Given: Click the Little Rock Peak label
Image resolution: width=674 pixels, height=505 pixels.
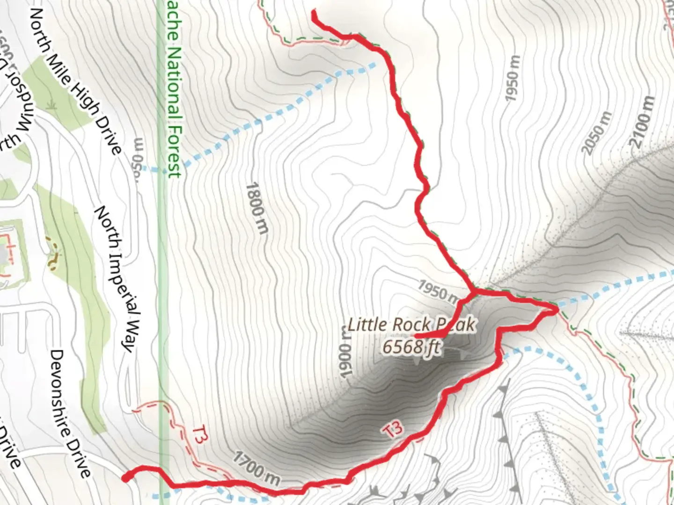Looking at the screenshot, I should coord(411,325).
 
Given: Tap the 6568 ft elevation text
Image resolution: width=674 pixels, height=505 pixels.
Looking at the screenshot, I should coord(411,347).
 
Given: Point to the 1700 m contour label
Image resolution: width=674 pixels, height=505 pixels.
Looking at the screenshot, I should coord(257,468).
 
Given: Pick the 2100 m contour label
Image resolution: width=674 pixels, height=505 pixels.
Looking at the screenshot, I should coord(643,122).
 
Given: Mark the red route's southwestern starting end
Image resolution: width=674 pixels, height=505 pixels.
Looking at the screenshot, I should coord(125,477).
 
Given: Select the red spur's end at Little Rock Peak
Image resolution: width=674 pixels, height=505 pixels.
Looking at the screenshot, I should coord(415,335).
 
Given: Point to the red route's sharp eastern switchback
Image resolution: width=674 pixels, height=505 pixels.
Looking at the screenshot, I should coord(556,310).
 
